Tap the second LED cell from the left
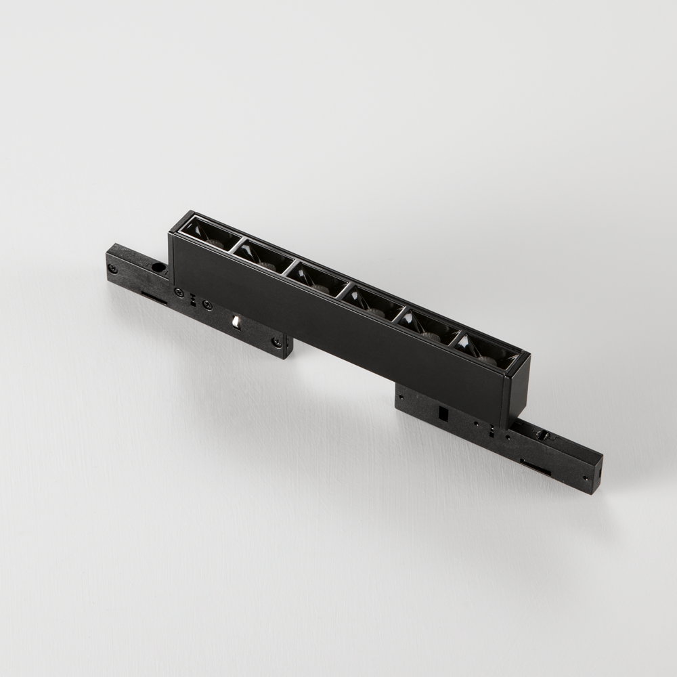coord(263,255)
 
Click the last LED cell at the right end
coord(486,351)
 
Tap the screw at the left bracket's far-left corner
coord(112,269)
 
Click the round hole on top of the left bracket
coord(158,267)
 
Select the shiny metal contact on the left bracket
coord(236,321)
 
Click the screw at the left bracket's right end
coord(277,343)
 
